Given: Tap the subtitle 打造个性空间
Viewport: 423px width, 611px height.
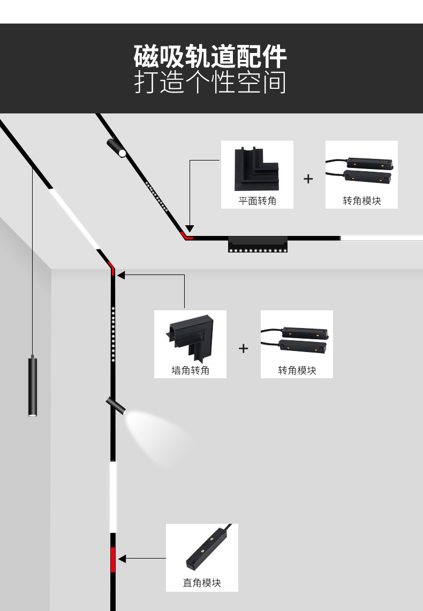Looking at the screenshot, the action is click(x=210, y=83).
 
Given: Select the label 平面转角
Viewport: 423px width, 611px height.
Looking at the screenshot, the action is click(x=258, y=201).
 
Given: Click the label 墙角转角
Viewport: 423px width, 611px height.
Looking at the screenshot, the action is click(x=190, y=370).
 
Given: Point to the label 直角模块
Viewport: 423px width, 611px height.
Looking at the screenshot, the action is click(x=202, y=583).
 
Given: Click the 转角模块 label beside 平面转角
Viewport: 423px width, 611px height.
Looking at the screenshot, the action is click(x=362, y=201).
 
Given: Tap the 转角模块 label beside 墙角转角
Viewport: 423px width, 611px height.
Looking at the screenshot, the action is click(x=297, y=370).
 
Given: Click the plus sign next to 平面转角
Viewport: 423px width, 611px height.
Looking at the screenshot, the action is click(x=308, y=179).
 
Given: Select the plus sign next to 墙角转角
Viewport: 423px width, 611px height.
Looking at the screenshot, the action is click(x=244, y=349).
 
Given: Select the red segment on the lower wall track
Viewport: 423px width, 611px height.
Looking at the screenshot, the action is click(x=113, y=560).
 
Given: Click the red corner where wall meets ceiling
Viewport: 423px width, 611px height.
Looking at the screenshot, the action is click(x=112, y=268).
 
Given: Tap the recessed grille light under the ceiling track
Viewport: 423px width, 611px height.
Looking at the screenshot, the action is click(x=258, y=244).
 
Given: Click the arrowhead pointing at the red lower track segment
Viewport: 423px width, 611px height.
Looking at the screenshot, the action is click(x=122, y=559).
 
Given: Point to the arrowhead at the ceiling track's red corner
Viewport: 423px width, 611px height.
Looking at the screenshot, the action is click(x=190, y=228).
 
